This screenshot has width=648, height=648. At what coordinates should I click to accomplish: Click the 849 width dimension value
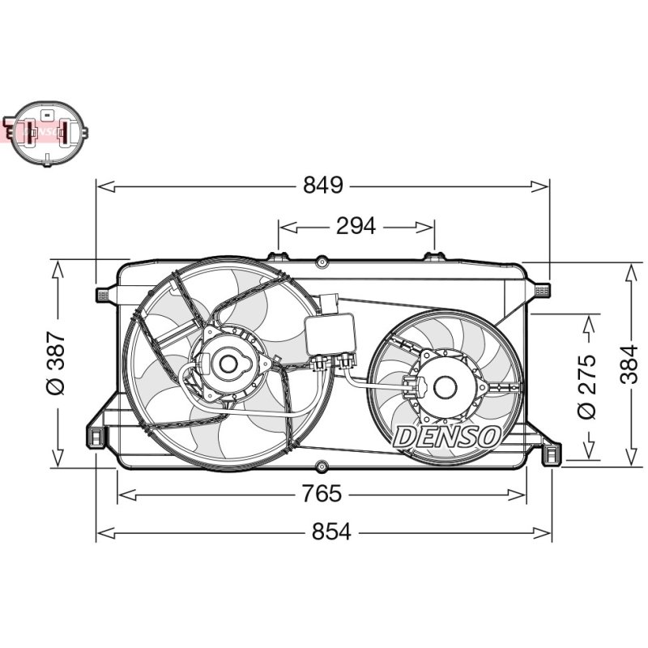coord(322,185)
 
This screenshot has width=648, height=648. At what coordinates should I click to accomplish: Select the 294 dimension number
coord(356,226)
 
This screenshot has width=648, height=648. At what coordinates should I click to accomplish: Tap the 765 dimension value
coord(322,493)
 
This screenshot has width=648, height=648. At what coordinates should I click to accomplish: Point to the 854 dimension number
coord(331,531)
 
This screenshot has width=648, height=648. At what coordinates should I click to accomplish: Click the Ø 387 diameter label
coord(56,362)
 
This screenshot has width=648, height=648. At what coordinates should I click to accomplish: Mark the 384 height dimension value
coord(631,364)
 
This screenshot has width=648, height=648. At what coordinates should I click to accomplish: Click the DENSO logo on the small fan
coord(447,437)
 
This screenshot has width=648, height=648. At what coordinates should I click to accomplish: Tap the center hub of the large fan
coord(228,364)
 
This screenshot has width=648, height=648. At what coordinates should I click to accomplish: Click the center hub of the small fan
coord(445,387)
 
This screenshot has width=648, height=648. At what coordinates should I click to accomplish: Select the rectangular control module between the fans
coord(330,334)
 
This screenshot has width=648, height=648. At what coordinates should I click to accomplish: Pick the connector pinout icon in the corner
coord(45,133)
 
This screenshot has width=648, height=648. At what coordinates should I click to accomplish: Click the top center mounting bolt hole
coord(322,262)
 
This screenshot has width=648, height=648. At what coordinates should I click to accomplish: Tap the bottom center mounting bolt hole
coord(322,467)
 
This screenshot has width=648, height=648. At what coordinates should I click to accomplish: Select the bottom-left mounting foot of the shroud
coord(96,437)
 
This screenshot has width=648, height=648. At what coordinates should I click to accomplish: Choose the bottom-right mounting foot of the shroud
coord(552,454)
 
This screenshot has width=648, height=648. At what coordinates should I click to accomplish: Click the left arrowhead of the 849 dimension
coord(105,186)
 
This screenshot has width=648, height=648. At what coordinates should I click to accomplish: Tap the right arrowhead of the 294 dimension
coord(426,227)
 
